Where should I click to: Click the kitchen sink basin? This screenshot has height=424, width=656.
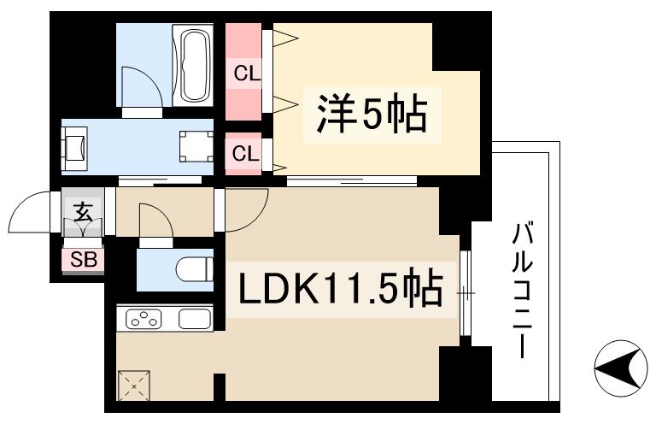tap(195, 320)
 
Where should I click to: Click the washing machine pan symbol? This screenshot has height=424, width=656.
tap(196, 146)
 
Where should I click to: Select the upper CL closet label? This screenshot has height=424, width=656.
tap(246, 74)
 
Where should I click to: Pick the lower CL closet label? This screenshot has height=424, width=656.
tap(246, 154)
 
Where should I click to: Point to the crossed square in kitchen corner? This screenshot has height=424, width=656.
tap(135, 384)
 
